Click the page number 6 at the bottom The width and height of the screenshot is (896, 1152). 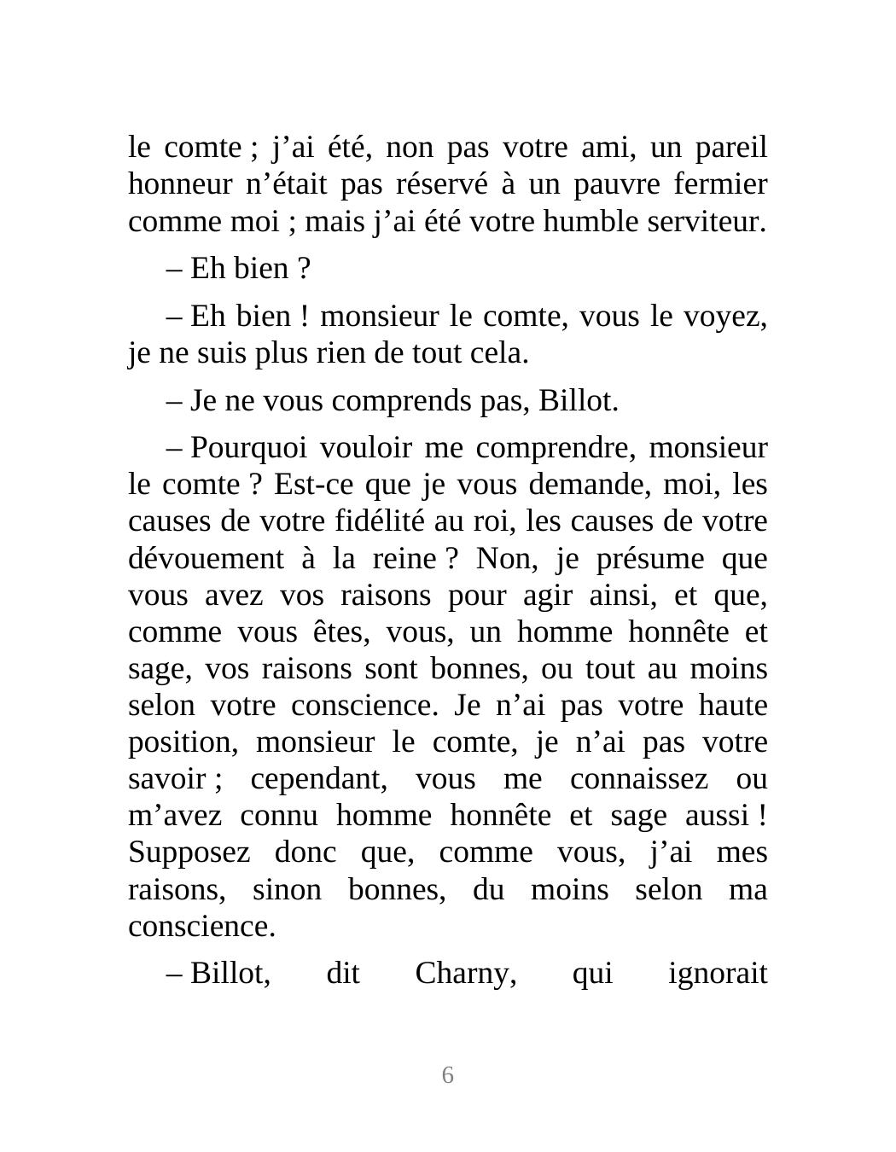tap(447, 1075)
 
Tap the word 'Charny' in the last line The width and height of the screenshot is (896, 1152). tap(465, 973)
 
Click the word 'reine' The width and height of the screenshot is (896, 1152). tap(404, 559)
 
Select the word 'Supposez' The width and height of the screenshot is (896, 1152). tap(189, 852)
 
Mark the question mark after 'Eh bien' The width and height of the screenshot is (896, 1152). tap(304, 269)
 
